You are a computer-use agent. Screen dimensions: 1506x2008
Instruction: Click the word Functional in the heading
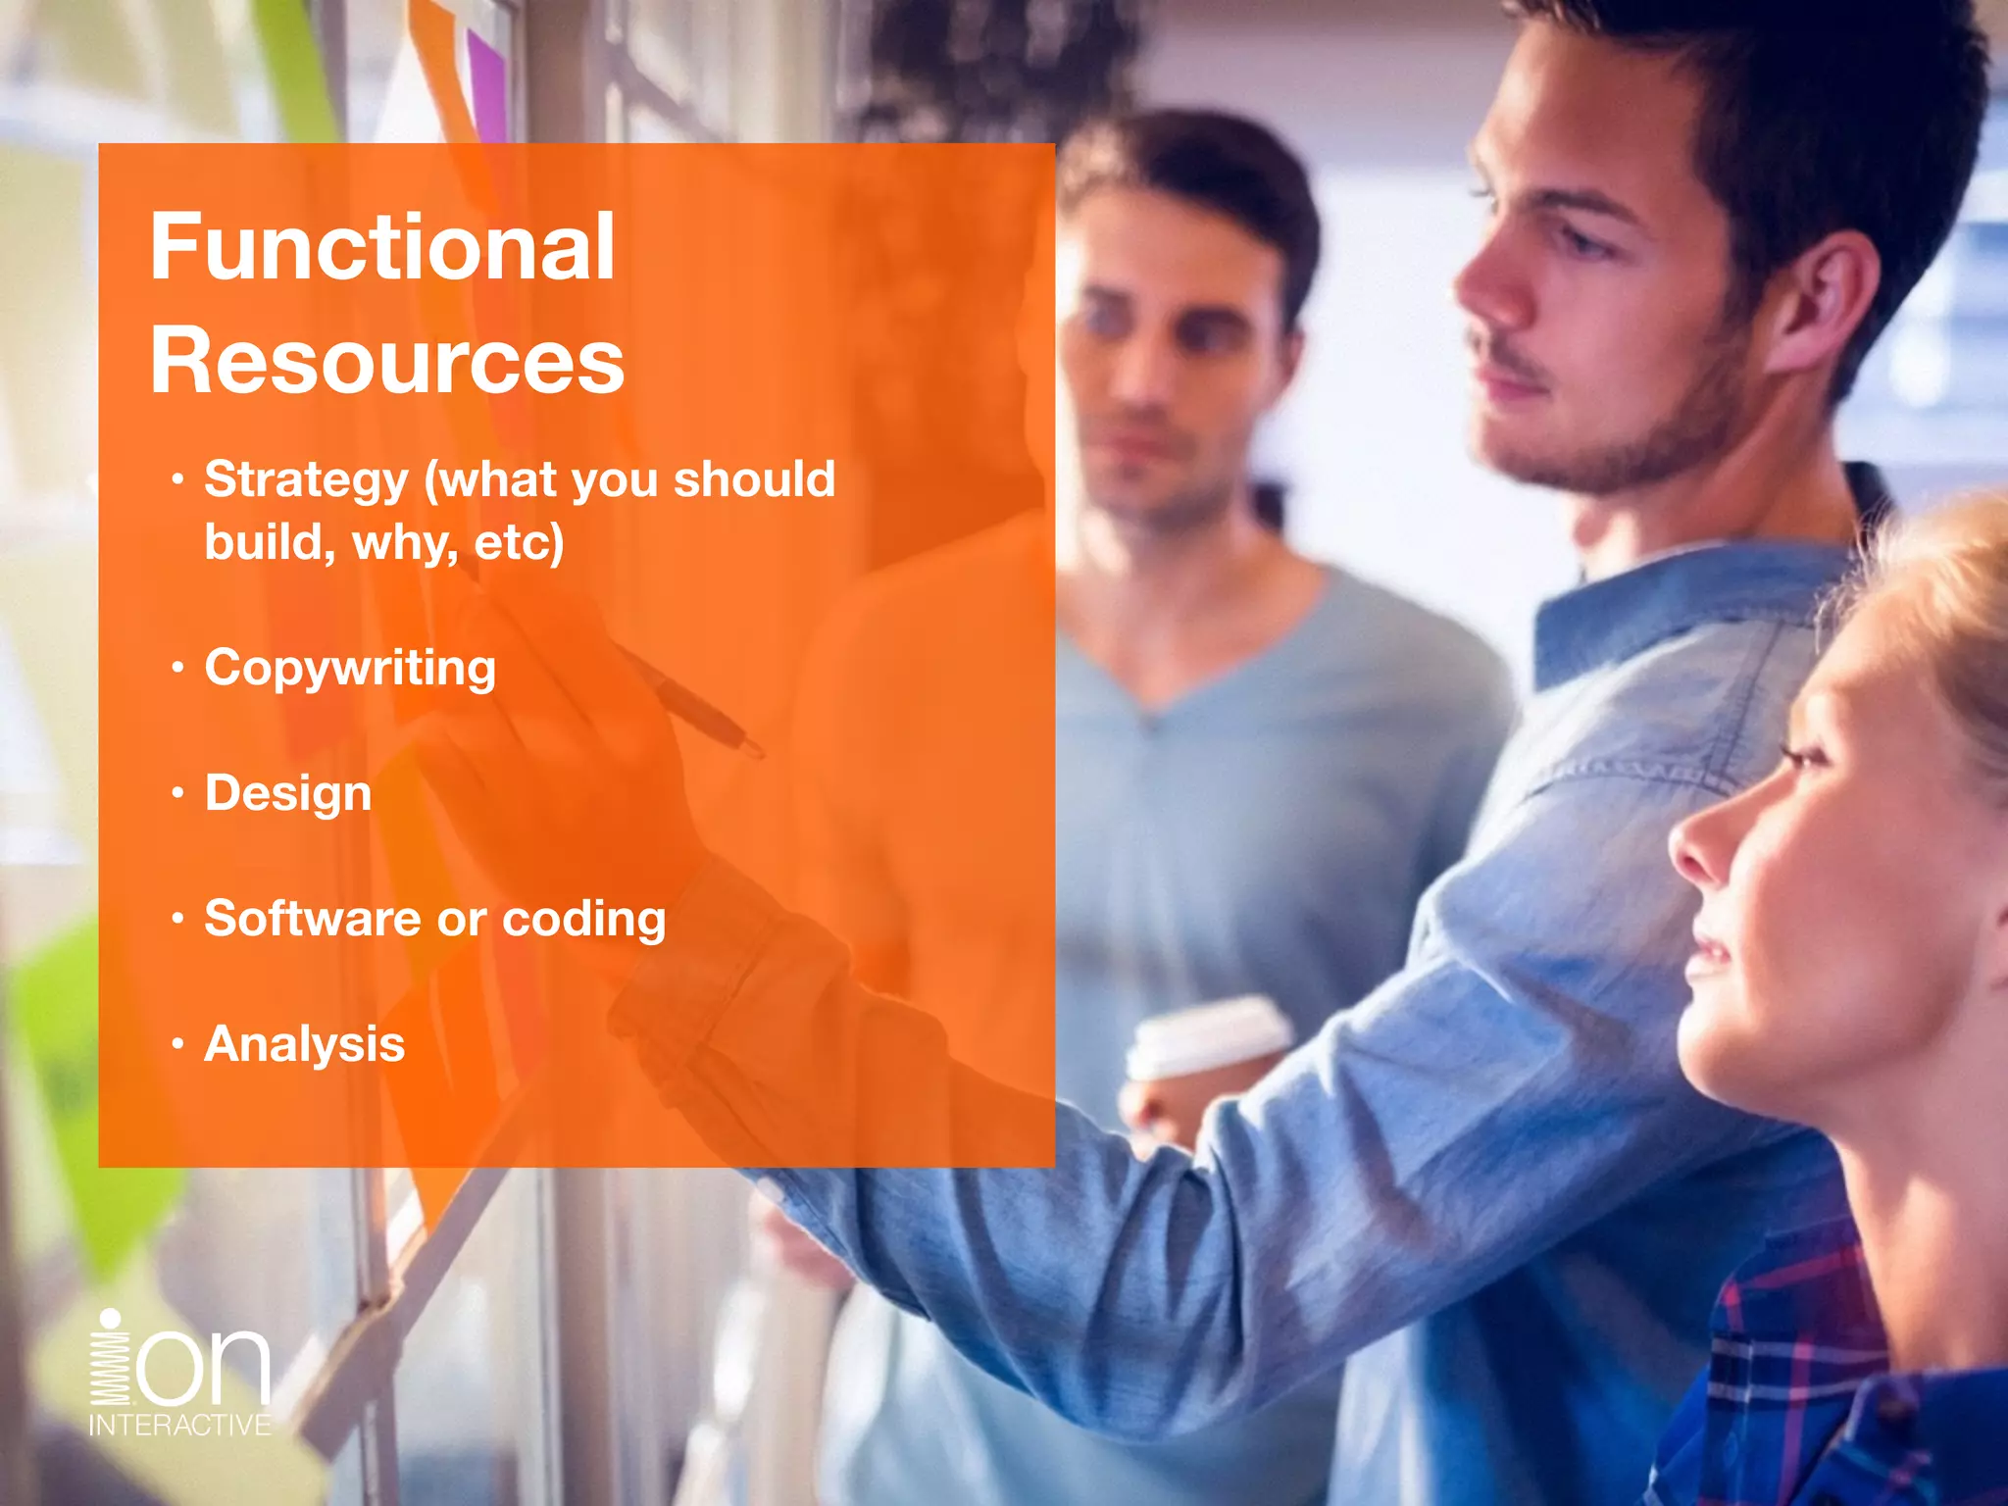[x=382, y=247]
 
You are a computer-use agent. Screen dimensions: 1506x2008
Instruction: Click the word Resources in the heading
[x=387, y=361]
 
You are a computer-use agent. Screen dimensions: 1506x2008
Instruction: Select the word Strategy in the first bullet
[x=306, y=480]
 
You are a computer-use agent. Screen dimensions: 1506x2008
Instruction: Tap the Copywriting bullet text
[x=350, y=670]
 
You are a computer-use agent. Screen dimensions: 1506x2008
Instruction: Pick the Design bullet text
[x=288, y=793]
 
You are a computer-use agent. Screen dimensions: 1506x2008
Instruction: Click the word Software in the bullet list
[x=312, y=919]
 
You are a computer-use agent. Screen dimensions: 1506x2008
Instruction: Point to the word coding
[x=583, y=920]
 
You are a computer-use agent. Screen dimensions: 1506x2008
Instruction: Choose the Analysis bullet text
[x=304, y=1044]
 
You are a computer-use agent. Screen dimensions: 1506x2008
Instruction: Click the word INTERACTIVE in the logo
[x=180, y=1425]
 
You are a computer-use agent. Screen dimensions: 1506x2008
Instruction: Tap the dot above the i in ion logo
[x=111, y=1320]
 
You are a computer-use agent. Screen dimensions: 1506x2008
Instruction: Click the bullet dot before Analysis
[x=177, y=1044]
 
